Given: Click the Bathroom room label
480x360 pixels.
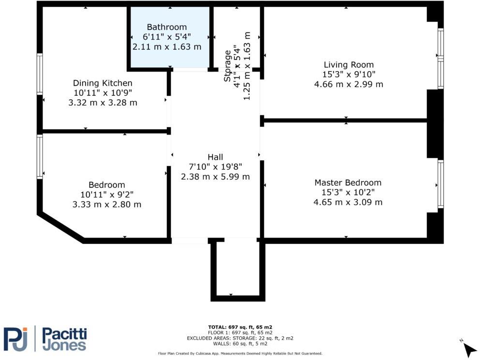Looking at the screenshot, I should [x=167, y=27].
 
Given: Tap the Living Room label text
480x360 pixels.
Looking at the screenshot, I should [x=349, y=65].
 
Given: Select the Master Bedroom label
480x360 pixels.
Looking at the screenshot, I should [x=348, y=183].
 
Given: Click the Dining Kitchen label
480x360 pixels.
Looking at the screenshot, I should [x=102, y=83].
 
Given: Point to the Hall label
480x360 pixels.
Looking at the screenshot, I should [x=215, y=157].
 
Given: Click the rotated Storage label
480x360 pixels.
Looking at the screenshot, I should [x=227, y=65].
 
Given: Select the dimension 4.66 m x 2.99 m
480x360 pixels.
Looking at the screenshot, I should [x=349, y=84].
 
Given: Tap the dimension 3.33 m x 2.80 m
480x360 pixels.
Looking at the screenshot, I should [x=107, y=205].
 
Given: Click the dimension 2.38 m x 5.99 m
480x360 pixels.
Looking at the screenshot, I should [x=215, y=177].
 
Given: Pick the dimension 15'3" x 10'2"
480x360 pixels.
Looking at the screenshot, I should [x=348, y=193].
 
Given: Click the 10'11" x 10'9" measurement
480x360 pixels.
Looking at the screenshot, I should [x=102, y=93].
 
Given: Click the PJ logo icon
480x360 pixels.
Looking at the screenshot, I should [x=16, y=339].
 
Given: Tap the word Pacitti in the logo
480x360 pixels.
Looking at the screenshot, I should [x=64, y=333].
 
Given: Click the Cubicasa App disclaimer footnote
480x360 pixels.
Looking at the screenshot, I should [x=240, y=354].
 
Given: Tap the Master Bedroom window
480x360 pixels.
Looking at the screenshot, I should [x=440, y=184].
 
